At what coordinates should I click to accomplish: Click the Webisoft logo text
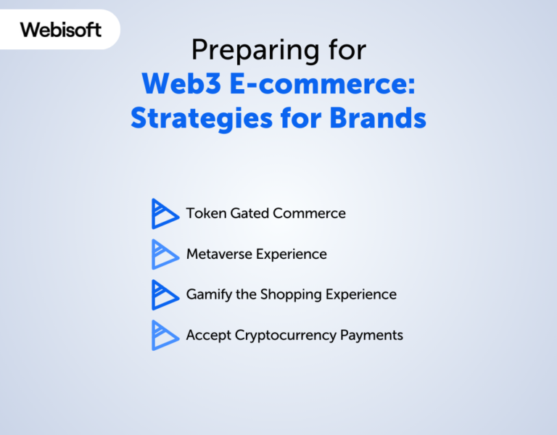pyautogui.click(x=61, y=30)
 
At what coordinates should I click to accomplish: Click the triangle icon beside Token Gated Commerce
pyautogui.click(x=165, y=214)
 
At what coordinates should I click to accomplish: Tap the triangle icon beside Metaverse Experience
pyautogui.click(x=165, y=254)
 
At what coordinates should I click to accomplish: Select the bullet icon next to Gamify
pyautogui.click(x=165, y=295)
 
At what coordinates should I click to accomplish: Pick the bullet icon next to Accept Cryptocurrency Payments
pyautogui.click(x=165, y=336)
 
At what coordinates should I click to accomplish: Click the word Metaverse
pyautogui.click(x=219, y=254)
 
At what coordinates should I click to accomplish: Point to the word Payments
pyautogui.click(x=375, y=336)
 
